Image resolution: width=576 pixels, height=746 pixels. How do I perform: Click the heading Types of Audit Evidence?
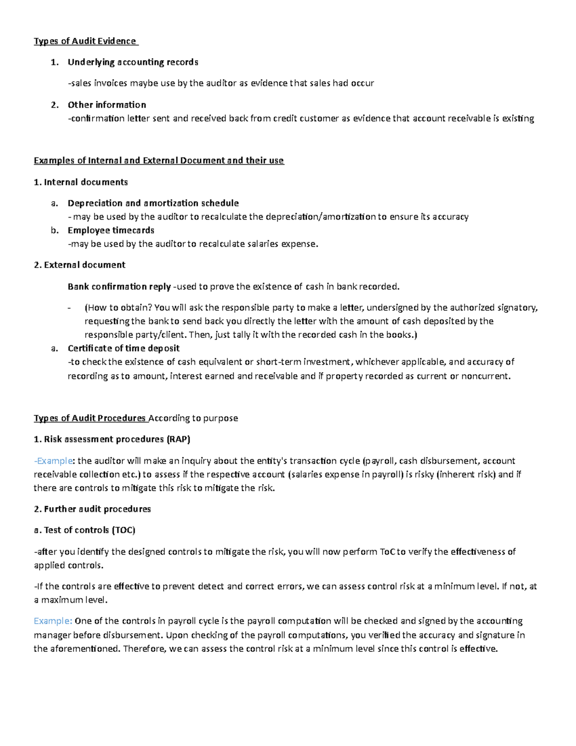tap(85, 41)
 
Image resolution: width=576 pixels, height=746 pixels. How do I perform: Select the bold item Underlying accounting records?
tap(132, 62)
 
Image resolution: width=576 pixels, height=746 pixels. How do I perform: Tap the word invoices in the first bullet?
tap(110, 83)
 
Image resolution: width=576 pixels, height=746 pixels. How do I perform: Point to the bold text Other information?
tap(107, 105)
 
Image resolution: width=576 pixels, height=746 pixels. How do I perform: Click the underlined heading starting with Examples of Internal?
tap(158, 160)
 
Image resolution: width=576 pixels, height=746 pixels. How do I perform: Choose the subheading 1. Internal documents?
tap(81, 182)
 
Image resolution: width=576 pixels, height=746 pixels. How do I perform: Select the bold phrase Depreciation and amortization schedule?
tap(153, 203)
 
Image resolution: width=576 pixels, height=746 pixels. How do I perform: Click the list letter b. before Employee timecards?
tap(55, 230)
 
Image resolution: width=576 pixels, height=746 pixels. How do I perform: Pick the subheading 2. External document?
tap(80, 265)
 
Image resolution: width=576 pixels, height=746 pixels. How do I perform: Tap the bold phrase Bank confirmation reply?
tap(119, 287)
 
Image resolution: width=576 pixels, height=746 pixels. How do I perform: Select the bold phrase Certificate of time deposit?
tap(123, 348)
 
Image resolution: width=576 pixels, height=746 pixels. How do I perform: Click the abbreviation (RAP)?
tap(178, 439)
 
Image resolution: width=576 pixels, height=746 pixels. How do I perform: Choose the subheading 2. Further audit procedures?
tap(92, 509)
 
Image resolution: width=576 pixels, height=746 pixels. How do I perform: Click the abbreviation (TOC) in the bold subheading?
tap(123, 530)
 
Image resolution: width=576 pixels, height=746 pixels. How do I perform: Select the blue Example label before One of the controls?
tap(53, 621)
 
